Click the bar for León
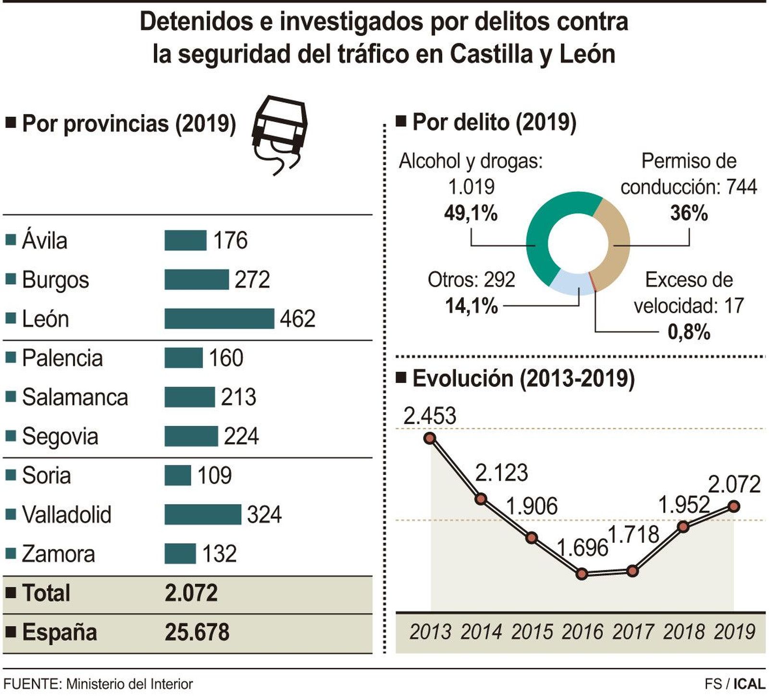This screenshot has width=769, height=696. tap(219, 319)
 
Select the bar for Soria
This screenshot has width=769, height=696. tap(177, 475)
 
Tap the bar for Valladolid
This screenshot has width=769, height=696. tap(202, 514)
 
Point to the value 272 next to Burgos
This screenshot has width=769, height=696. tap(252, 280)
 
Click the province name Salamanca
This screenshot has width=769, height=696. tap(75, 398)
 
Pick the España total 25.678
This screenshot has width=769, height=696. tap(197, 632)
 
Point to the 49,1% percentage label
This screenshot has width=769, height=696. tap(471, 213)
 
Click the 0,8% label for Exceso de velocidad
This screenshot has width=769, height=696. tap(689, 332)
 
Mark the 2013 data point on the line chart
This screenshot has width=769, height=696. tap(430, 438)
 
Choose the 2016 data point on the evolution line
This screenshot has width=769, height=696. tap(582, 574)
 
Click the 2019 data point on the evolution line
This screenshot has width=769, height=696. tap(733, 506)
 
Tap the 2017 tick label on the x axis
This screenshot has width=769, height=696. tap(633, 632)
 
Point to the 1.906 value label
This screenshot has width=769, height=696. tap(532, 506)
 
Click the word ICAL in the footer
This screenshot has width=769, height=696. tap(749, 684)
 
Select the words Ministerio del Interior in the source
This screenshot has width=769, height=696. tap(129, 684)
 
